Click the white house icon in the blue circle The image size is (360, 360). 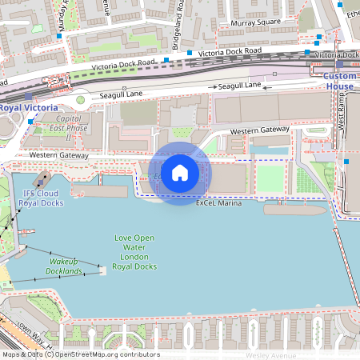(x=180, y=173)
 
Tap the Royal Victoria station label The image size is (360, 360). (x=28, y=108)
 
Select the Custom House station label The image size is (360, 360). (x=339, y=81)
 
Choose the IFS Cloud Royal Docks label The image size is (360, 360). (x=43, y=198)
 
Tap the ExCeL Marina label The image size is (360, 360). (x=218, y=203)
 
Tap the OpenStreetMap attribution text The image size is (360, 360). (x=80, y=354)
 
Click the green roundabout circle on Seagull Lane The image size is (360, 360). (x=80, y=100)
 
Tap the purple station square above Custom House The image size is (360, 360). (x=339, y=64)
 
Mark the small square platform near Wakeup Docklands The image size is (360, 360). (x=103, y=270)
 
